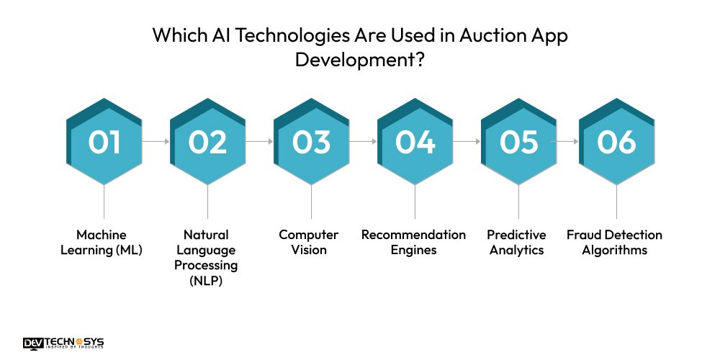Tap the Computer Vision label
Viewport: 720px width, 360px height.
pyautogui.click(x=309, y=243)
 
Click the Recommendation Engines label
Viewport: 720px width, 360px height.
pyautogui.click(x=413, y=243)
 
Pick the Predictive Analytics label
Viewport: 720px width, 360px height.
pyautogui.click(x=516, y=243)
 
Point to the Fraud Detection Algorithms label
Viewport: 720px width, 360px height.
pyautogui.click(x=614, y=243)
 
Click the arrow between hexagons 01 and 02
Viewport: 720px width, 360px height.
pyautogui.click(x=156, y=142)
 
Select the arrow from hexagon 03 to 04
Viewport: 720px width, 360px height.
pyautogui.click(x=363, y=142)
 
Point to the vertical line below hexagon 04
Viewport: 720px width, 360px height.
pyautogui.click(x=415, y=202)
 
